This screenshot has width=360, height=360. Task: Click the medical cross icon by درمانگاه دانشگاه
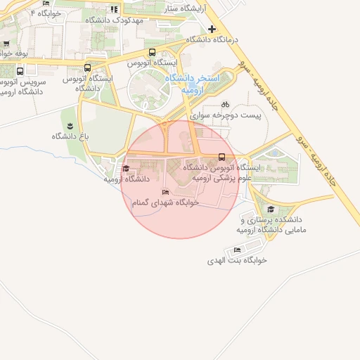[212, 29]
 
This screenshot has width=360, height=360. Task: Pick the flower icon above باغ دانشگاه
[69, 126]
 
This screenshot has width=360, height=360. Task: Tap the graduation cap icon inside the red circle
[126, 168]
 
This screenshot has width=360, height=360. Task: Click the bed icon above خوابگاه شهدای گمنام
[166, 192]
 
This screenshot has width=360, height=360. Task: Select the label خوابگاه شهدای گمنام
[166, 202]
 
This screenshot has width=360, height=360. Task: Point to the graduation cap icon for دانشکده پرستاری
[271, 209]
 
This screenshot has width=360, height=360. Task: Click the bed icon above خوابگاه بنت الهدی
[237, 250]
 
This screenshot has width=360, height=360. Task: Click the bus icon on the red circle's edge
[222, 157]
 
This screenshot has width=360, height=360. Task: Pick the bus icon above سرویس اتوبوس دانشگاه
[20, 70]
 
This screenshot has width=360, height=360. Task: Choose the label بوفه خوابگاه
[13, 53]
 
